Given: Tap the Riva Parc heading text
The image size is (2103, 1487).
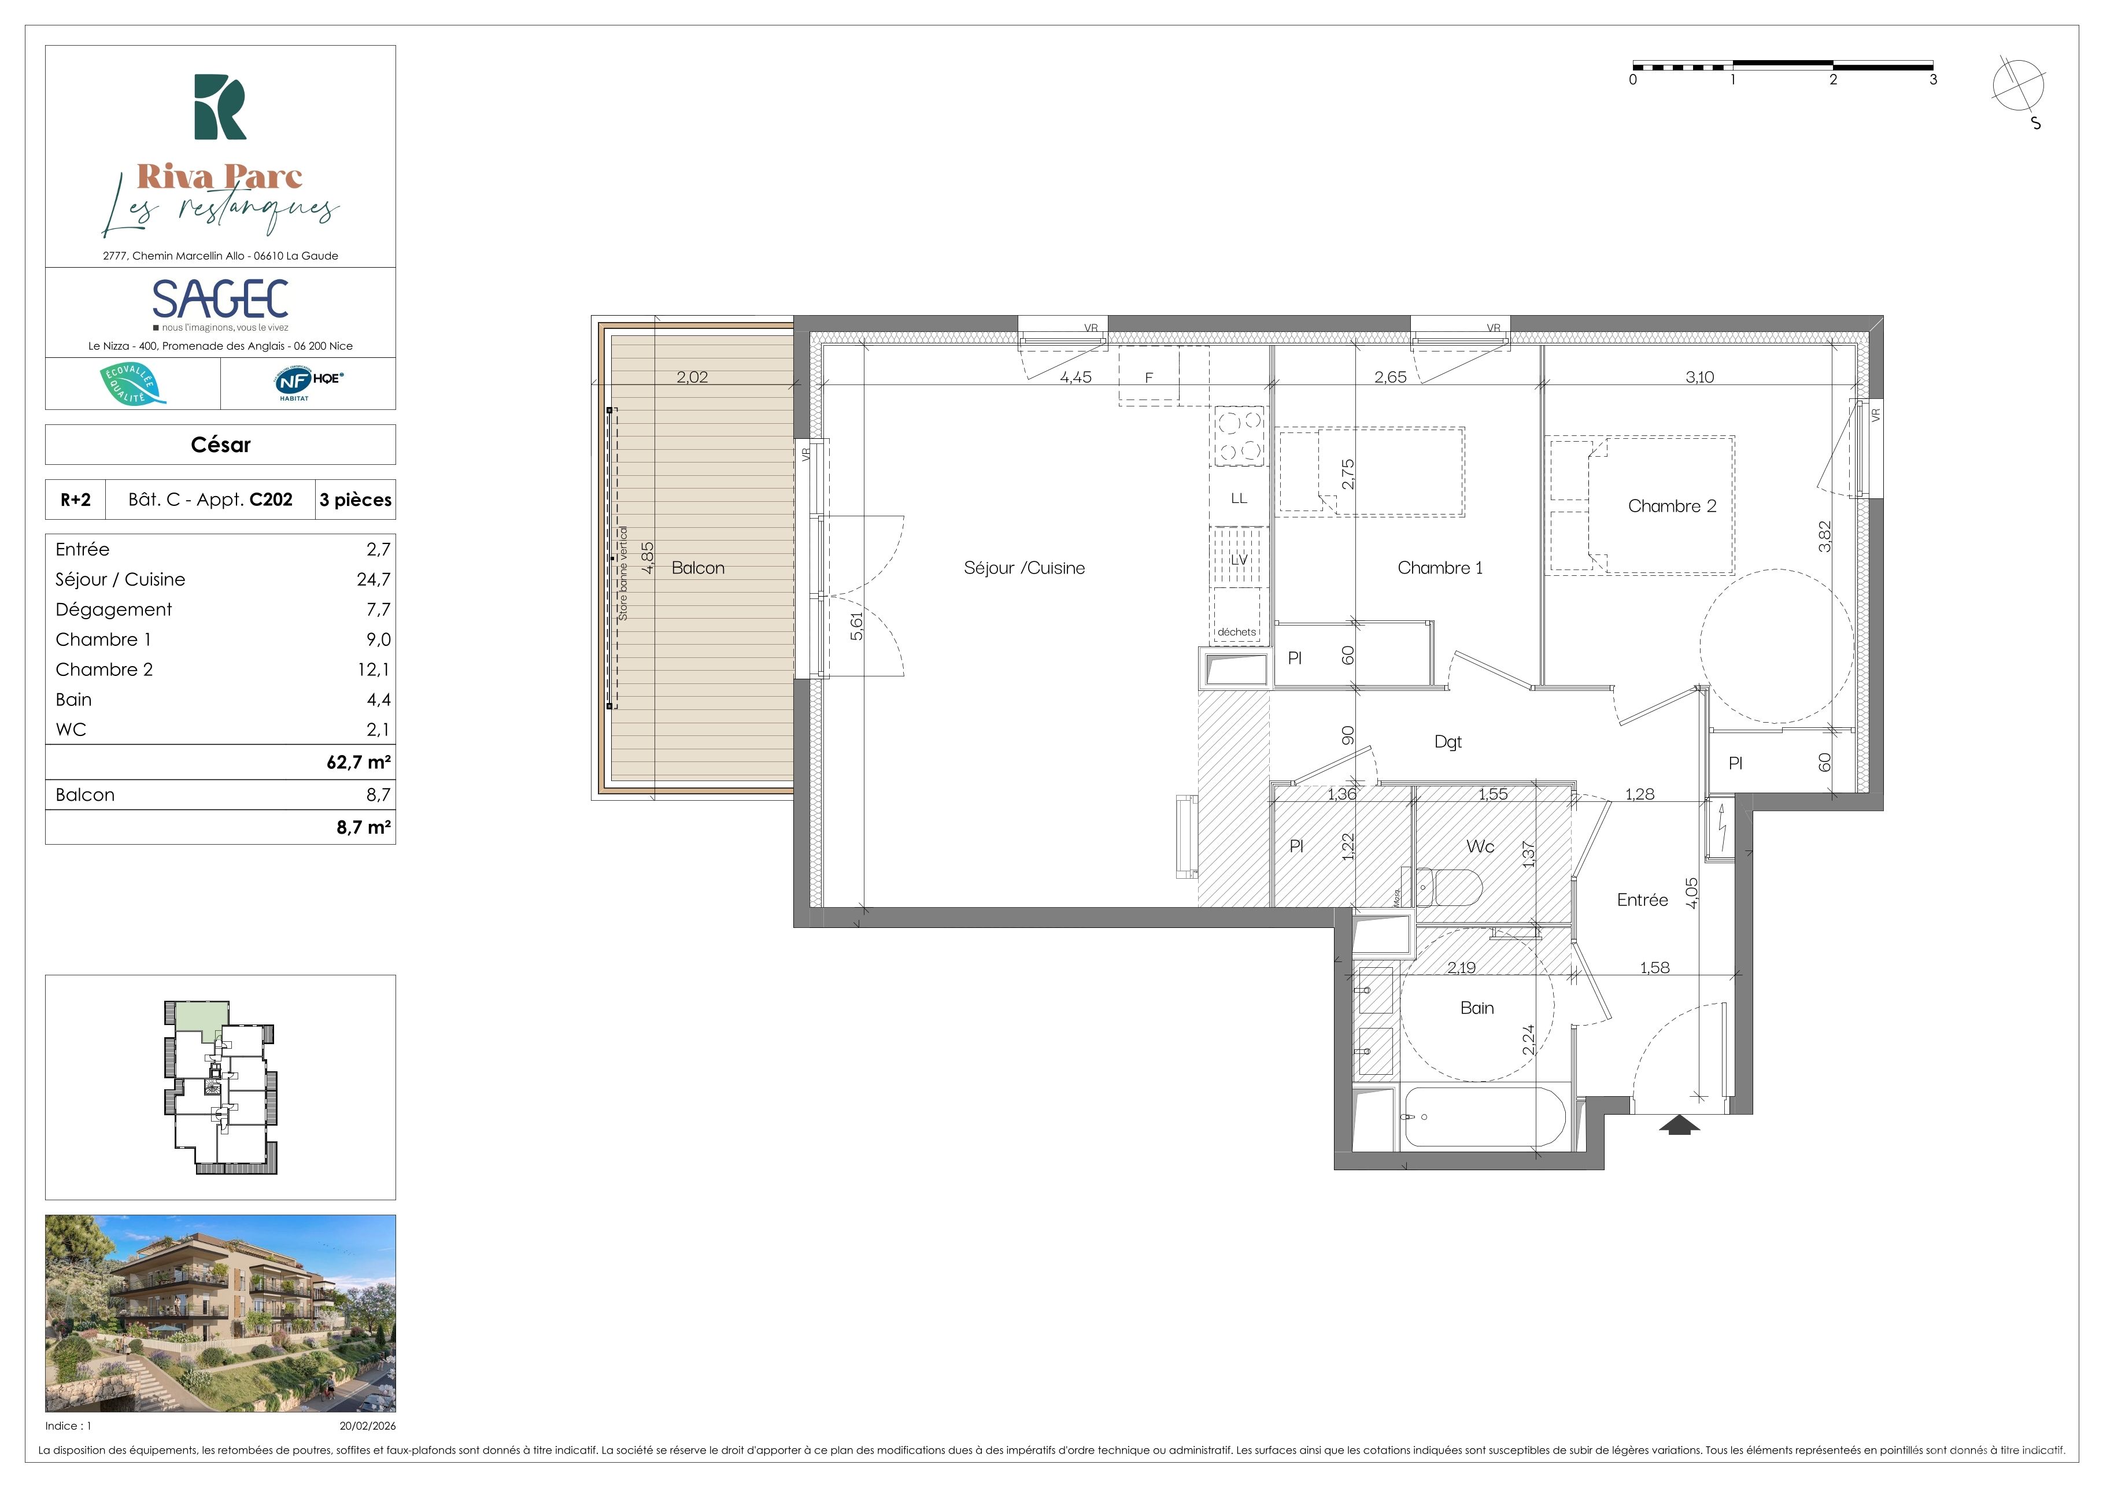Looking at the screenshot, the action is pyautogui.click(x=220, y=176).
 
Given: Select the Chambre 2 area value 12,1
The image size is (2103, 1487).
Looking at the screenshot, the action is pyautogui.click(x=374, y=669).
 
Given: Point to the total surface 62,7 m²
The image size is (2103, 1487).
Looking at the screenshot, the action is pyautogui.click(x=359, y=762).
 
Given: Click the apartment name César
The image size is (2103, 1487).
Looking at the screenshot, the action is pyautogui.click(x=221, y=445).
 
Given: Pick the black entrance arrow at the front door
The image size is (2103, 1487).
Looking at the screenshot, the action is pyautogui.click(x=1679, y=1125).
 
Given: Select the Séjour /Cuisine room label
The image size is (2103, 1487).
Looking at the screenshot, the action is pyautogui.click(x=1024, y=568).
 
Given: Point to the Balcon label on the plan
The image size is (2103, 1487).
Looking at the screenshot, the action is pyautogui.click(x=698, y=568).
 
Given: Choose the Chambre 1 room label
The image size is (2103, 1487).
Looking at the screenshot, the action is pyautogui.click(x=1440, y=568).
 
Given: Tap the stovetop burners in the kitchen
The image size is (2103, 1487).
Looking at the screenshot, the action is pyautogui.click(x=1239, y=436).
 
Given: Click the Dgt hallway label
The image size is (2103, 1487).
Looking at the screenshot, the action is pyautogui.click(x=1448, y=742).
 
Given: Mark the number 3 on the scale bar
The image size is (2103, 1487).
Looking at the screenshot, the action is pyautogui.click(x=1934, y=80).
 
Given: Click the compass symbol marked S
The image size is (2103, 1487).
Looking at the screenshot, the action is pyautogui.click(x=2019, y=91).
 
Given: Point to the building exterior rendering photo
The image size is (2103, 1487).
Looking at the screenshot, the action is pyautogui.click(x=221, y=1313).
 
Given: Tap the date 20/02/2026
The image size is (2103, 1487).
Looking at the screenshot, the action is pyautogui.click(x=367, y=1426).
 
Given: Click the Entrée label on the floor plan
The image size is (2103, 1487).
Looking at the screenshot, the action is pyautogui.click(x=1642, y=900).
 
